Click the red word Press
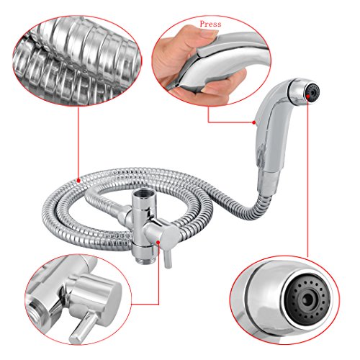[210, 24]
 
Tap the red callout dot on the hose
[78, 180]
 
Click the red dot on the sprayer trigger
[253, 122]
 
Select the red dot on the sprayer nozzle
[307, 96]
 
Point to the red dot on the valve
[158, 242]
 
